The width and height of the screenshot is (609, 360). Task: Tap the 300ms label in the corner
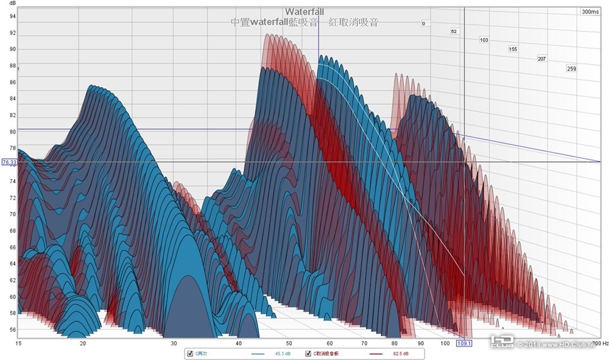[590, 12]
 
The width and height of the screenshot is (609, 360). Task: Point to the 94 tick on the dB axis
[12, 16]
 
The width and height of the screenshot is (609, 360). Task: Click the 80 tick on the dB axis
[12, 132]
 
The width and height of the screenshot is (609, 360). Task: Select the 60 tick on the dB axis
[12, 297]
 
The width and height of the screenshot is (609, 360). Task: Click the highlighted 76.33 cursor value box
[9, 163]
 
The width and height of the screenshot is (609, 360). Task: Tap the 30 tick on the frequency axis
[174, 344]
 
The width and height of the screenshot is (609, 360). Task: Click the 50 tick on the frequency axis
[289, 344]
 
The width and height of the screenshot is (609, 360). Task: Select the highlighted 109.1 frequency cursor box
[465, 344]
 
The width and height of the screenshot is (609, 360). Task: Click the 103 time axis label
[484, 40]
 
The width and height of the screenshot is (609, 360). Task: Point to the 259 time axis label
[571, 69]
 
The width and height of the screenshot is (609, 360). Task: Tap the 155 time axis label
[513, 49]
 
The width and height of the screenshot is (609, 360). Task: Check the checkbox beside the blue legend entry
[189, 353]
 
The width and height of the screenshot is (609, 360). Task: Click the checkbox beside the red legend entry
[308, 353]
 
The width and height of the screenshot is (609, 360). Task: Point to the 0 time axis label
[423, 24]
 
